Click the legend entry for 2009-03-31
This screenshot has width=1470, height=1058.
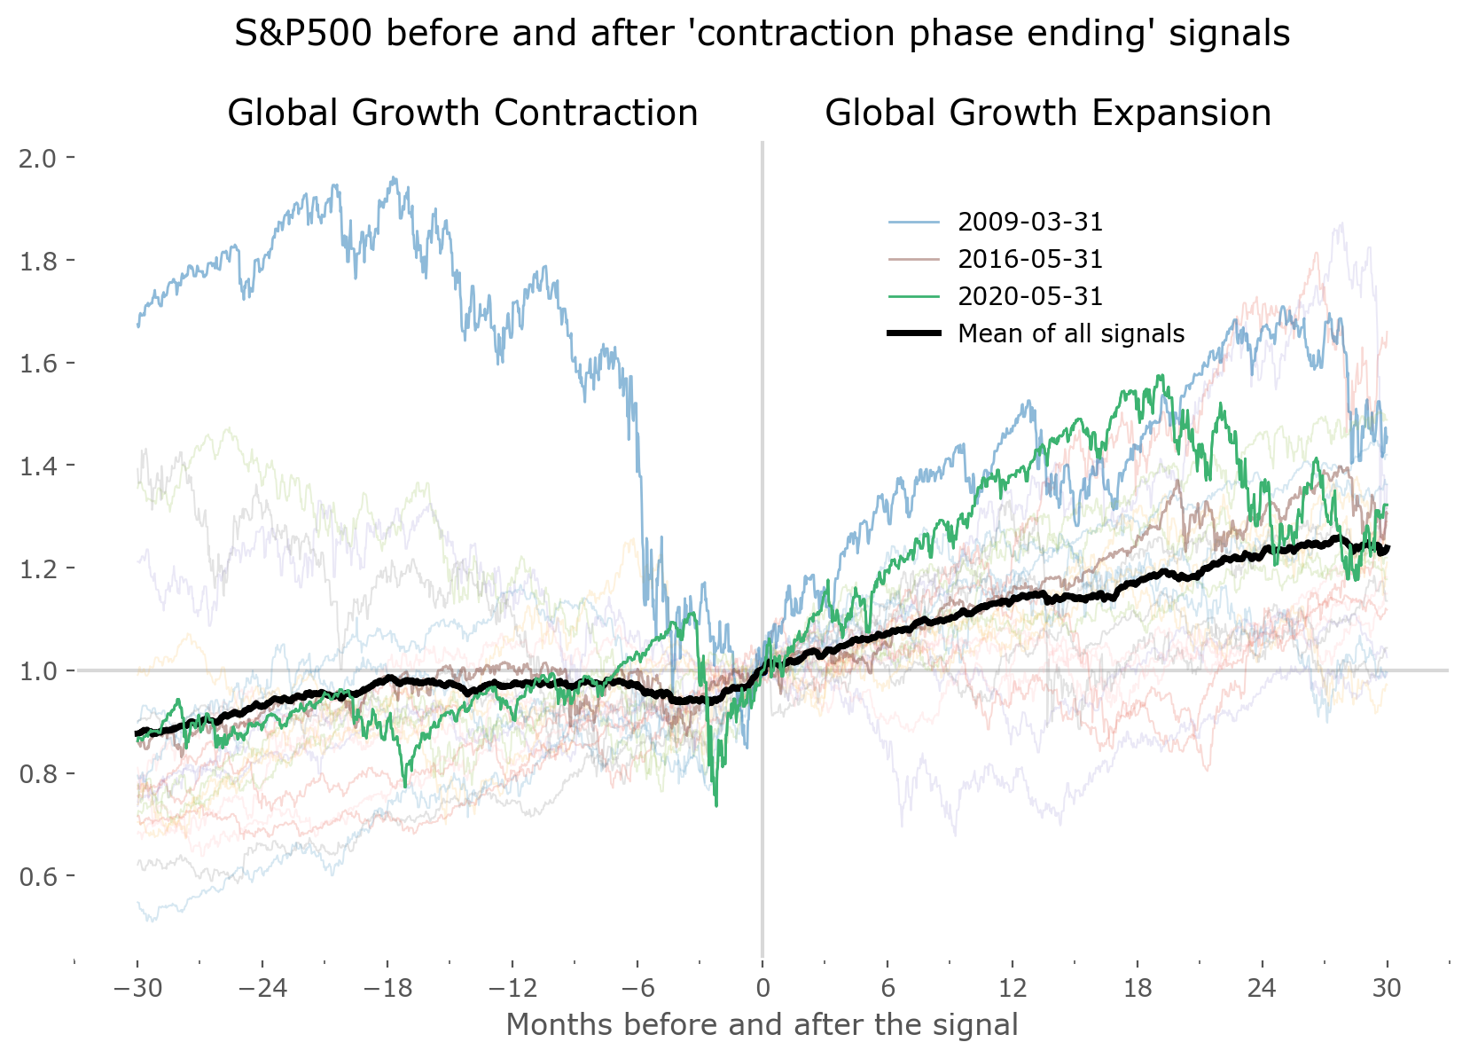[1030, 222]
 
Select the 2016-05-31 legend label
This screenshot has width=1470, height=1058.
[1030, 259]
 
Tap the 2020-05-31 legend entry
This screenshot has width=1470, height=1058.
[1030, 296]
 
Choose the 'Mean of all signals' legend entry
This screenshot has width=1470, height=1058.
[1071, 333]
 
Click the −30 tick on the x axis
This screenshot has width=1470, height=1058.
[137, 988]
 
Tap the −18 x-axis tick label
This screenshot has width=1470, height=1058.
[387, 988]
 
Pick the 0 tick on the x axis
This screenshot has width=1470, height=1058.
[762, 988]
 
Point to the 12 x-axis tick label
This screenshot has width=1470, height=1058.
[1013, 988]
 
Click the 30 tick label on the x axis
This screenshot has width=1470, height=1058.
[1388, 988]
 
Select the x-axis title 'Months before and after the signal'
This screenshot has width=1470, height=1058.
[762, 1025]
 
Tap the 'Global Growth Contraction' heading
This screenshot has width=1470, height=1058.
[463, 114]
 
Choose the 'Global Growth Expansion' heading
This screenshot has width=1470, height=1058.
[1048, 114]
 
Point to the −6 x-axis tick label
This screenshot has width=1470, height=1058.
[637, 988]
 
